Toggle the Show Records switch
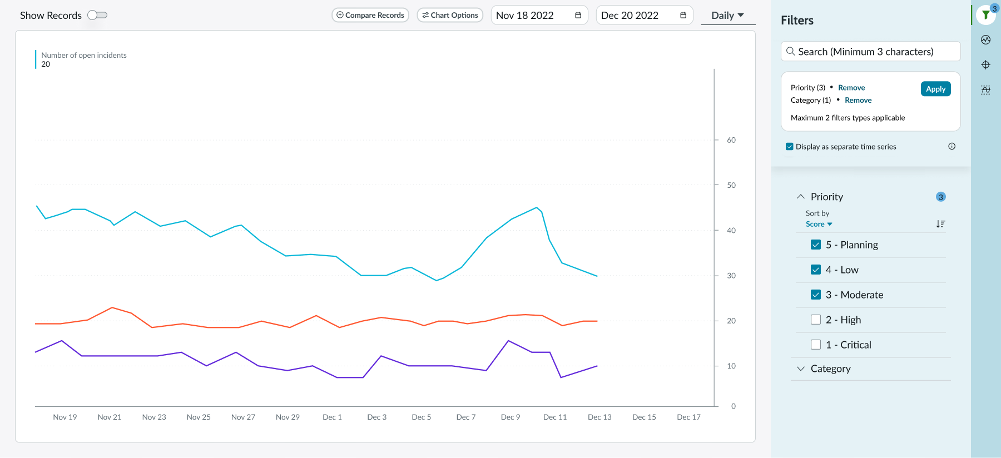point(97,15)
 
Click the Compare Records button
point(370,15)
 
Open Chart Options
point(450,15)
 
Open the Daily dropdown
point(727,16)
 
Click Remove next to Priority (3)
point(851,88)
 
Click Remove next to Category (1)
point(858,101)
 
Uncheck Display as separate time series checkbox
point(790,147)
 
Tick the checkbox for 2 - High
point(816,320)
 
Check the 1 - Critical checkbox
point(816,345)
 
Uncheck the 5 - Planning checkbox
point(816,245)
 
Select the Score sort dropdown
point(819,225)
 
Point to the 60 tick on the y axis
point(731,140)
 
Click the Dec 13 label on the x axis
point(599,417)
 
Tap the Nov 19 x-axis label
point(65,417)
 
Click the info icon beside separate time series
point(952,147)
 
